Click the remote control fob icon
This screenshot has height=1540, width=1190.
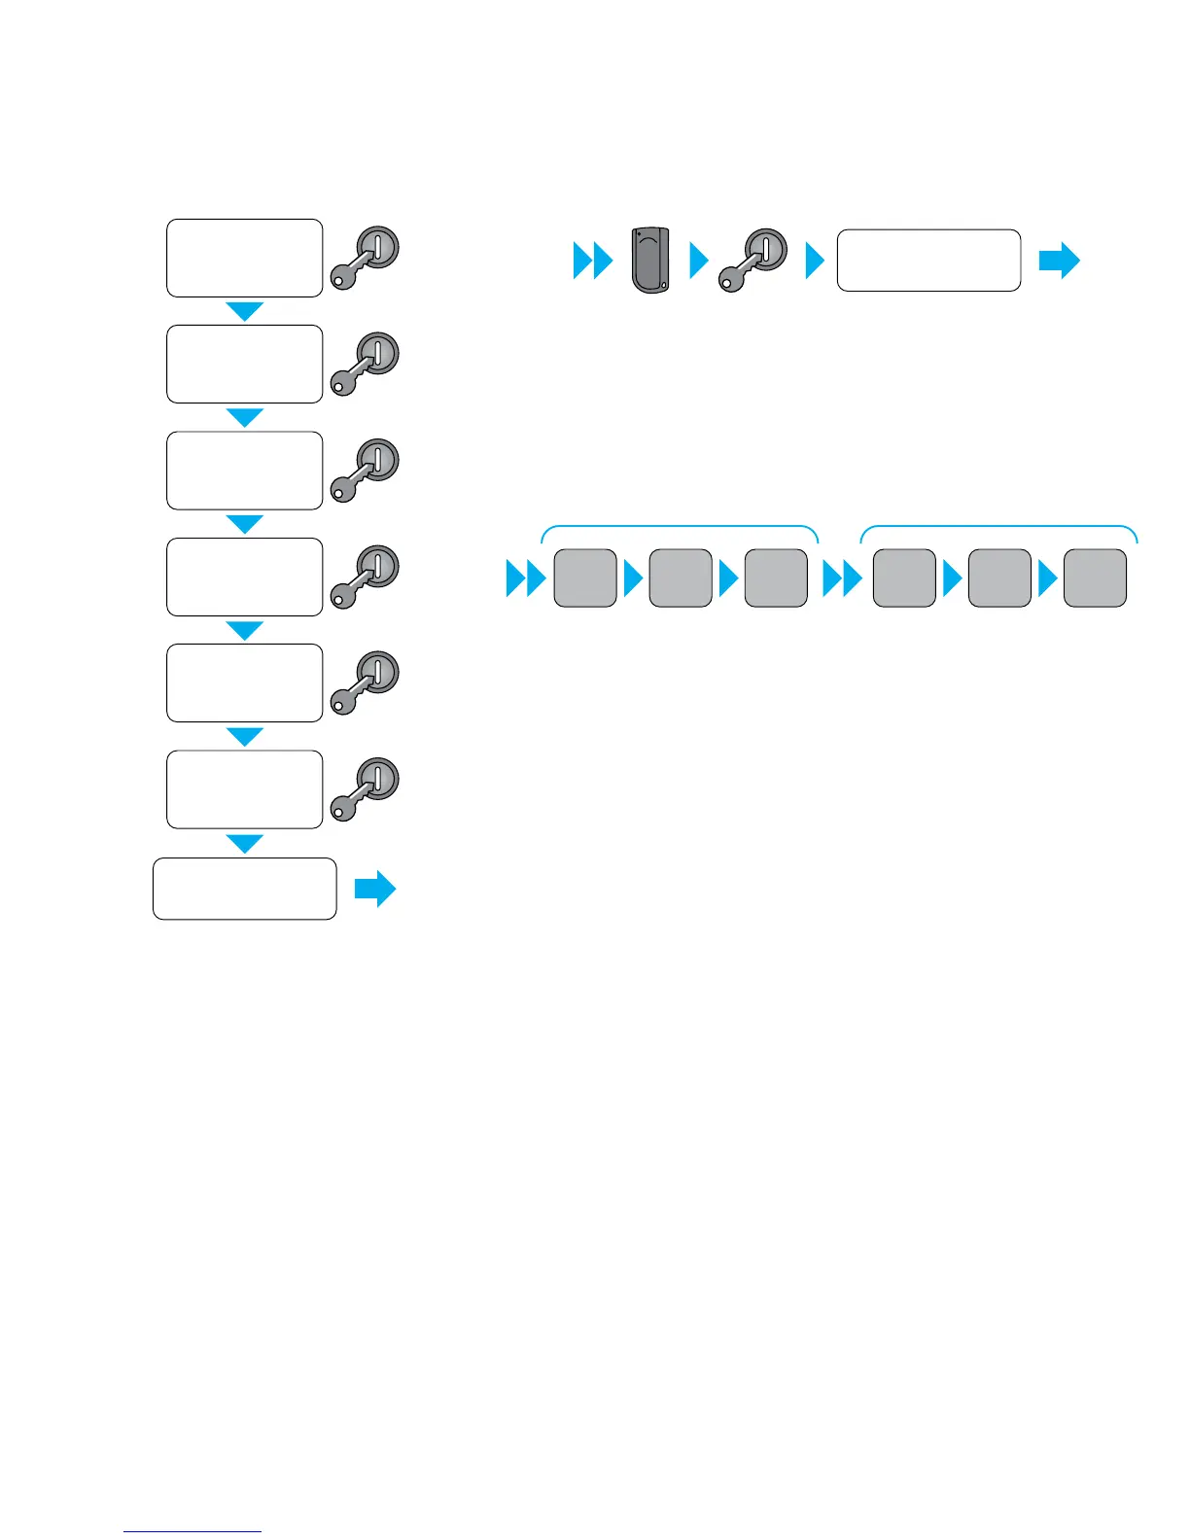coord(650,260)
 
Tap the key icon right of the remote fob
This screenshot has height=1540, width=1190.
coord(752,260)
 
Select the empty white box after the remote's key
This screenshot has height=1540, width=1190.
coord(928,261)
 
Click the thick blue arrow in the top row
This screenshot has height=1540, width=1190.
coord(1059,261)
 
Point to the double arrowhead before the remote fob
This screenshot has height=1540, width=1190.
coord(592,261)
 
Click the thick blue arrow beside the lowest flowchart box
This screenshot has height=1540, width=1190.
coord(374,889)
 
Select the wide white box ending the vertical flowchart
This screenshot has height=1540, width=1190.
coord(244,889)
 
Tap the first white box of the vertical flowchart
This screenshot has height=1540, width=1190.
coord(244,258)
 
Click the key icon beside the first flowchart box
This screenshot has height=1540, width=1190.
coord(366,258)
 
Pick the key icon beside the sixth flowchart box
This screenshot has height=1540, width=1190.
coord(366,789)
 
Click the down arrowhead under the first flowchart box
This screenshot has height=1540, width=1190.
coord(244,311)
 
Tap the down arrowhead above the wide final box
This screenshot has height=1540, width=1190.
coord(244,843)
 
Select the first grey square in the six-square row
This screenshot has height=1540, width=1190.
coord(585,578)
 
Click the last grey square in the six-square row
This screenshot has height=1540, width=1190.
coord(1095,578)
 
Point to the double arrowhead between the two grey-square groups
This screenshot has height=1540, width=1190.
coord(842,580)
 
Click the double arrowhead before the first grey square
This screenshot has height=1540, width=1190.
coord(526,580)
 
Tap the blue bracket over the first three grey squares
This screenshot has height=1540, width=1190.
coord(680,528)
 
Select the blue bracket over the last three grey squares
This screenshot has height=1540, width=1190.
coord(998,528)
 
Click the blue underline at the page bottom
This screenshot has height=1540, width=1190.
coord(192,1531)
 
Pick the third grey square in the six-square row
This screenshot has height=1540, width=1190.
coord(776,578)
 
